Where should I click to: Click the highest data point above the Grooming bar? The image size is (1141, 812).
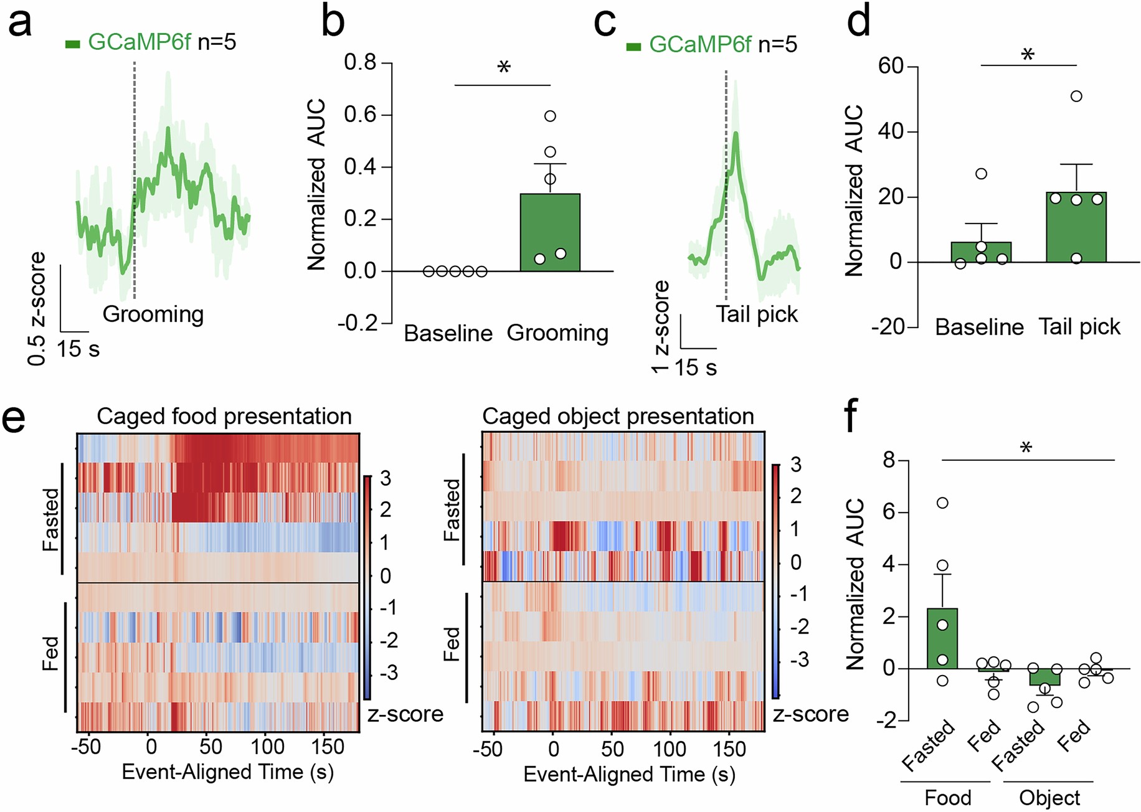click(550, 116)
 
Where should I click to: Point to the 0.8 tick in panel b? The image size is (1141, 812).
click(361, 62)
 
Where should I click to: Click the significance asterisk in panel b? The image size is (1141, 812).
click(504, 67)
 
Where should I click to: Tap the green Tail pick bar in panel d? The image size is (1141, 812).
click(1076, 227)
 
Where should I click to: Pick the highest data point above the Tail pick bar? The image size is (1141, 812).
click(1076, 96)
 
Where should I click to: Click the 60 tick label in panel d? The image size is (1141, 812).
click(891, 66)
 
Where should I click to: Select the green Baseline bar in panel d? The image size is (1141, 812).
click(981, 252)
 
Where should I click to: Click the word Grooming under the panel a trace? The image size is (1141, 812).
click(153, 314)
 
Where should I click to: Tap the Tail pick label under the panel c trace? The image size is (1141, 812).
click(756, 314)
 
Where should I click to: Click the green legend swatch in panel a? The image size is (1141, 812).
click(73, 44)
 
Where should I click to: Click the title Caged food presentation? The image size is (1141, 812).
click(224, 416)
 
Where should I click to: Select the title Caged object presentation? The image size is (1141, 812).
click(618, 416)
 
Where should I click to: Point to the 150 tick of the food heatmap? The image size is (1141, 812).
click(328, 747)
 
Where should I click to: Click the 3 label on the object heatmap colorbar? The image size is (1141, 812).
click(795, 465)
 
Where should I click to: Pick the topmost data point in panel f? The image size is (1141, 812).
click(942, 503)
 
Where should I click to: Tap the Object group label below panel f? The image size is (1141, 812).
click(1049, 798)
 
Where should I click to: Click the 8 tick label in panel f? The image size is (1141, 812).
click(889, 460)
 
